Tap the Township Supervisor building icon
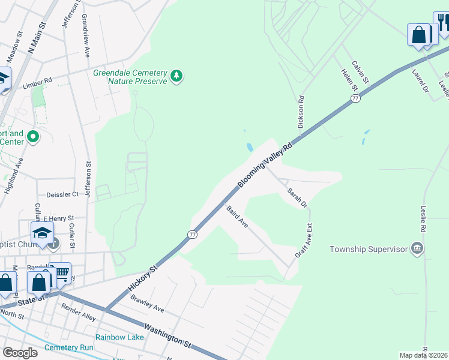pos(417,248)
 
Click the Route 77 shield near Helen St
pos(356,98)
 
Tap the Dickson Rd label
pos(301,112)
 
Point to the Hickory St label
pos(142,280)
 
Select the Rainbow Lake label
pos(119,337)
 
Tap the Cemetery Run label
pos(70,347)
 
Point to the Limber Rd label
pos(37,80)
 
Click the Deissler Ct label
pos(62,194)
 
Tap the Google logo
pos(20,353)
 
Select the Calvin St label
pos(361,72)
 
